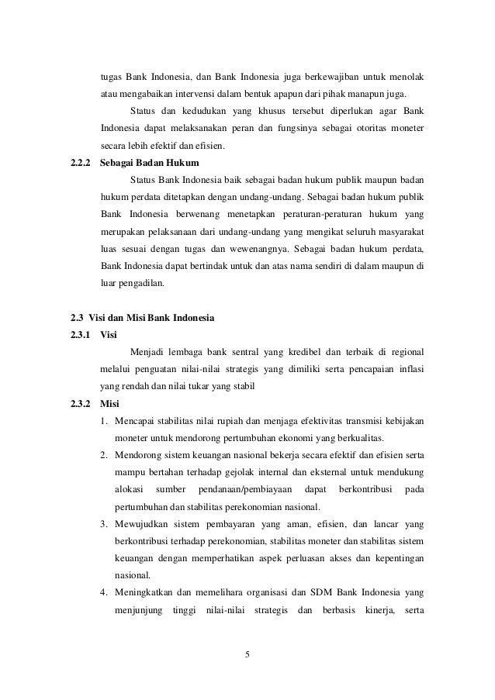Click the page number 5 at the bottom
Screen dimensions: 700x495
(247, 655)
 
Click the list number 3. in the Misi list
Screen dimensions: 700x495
(103, 523)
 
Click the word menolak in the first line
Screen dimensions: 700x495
(403, 78)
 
